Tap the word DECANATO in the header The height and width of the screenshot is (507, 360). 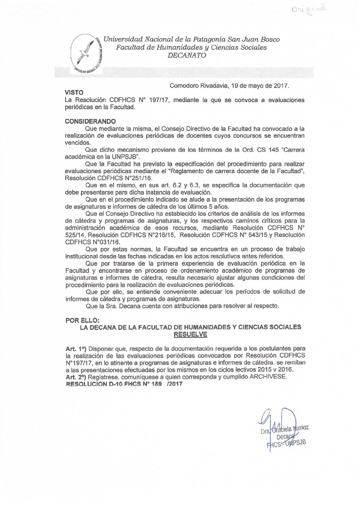187,56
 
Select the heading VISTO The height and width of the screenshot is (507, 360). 74,93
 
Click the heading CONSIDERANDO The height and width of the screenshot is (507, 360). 90,121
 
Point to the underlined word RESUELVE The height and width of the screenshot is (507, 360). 190,335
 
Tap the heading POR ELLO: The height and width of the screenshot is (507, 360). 82,320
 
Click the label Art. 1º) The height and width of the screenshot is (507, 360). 76,348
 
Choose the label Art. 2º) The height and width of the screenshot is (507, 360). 76,377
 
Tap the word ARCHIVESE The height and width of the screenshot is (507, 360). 268,377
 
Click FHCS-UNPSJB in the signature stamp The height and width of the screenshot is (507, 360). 287,444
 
